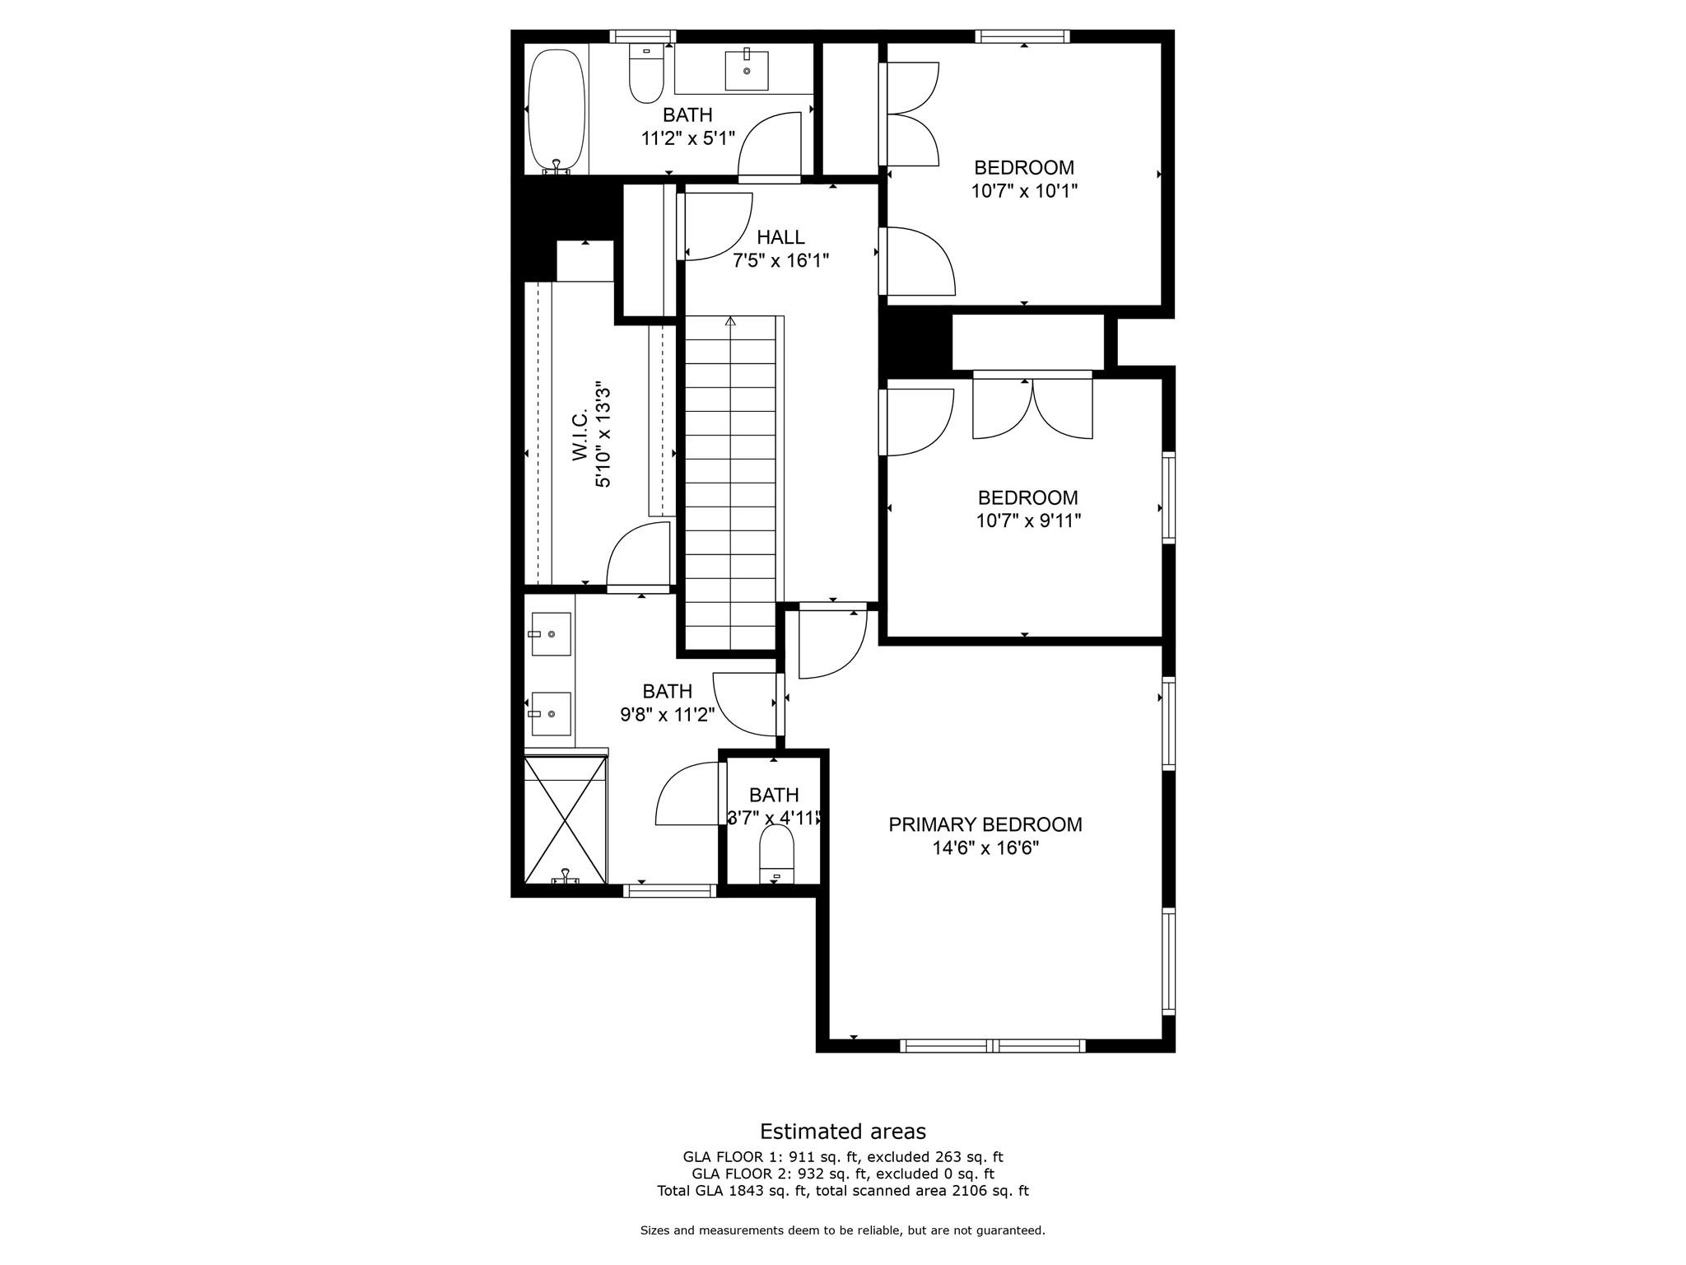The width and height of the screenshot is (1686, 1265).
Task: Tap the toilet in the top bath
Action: (x=646, y=76)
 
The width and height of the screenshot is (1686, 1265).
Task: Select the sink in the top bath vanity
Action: (x=747, y=70)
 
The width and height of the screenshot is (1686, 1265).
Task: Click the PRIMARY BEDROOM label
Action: (x=985, y=824)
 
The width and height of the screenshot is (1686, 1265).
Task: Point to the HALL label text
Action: (x=780, y=238)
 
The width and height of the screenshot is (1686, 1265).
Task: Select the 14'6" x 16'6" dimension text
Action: (x=985, y=848)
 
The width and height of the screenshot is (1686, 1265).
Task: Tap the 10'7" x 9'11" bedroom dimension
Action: (x=1028, y=520)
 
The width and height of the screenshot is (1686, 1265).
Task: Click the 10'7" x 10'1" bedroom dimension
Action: (x=1024, y=191)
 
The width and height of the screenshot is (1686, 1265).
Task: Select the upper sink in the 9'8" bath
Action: (x=551, y=633)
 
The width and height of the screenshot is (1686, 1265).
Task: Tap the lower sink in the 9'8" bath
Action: (x=551, y=713)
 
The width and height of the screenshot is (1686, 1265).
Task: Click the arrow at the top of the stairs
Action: (x=730, y=321)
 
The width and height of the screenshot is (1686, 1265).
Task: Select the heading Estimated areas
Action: (x=842, y=1131)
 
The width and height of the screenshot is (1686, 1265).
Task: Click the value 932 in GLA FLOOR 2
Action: (x=803, y=1174)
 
